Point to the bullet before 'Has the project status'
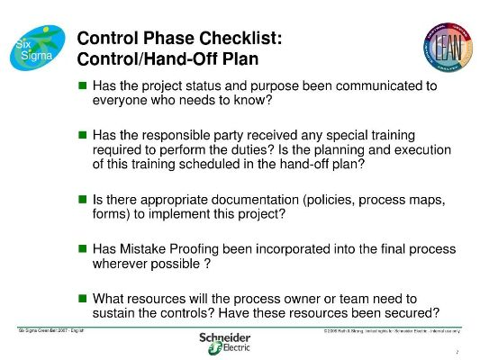click(82, 85)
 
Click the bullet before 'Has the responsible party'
click(82, 134)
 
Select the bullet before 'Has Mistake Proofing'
click(82, 247)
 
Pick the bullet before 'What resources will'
click(82, 297)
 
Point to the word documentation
click(261, 198)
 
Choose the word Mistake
click(149, 247)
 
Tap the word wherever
click(122, 264)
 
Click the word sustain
click(115, 312)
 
